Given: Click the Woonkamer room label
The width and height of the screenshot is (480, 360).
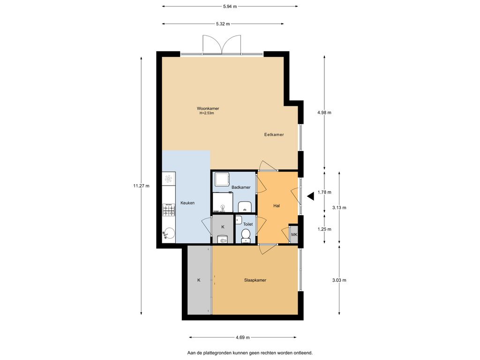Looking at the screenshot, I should (208, 108).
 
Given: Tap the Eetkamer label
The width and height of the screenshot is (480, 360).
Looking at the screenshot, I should (274, 135).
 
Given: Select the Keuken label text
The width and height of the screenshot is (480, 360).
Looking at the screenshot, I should (187, 203).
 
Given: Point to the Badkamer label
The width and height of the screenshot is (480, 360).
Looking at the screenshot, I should (241, 187).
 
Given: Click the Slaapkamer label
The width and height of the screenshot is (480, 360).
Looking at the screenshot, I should (255, 280).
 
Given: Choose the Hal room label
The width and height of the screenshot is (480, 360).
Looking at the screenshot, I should (277, 205).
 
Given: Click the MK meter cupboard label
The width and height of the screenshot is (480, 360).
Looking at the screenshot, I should (294, 234).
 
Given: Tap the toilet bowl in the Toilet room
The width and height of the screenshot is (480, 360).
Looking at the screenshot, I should (246, 234).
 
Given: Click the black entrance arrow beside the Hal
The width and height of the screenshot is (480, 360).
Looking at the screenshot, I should (310, 197).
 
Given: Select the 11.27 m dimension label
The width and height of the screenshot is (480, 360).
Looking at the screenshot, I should (141, 186).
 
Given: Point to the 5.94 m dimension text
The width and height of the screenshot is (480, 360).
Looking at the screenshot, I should (230, 6).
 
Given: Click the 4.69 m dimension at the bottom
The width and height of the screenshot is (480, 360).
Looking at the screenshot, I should (242, 337).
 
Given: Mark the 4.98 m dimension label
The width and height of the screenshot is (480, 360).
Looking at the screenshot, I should (324, 112).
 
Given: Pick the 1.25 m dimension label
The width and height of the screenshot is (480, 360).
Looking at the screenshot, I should (324, 229).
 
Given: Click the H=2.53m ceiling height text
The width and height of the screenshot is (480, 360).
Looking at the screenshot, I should (206, 113).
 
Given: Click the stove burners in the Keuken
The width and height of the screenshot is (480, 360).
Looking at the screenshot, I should (169, 210).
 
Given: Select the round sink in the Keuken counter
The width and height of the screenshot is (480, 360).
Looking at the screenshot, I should (169, 233).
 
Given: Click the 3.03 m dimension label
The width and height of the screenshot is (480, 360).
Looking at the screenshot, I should (339, 280).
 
